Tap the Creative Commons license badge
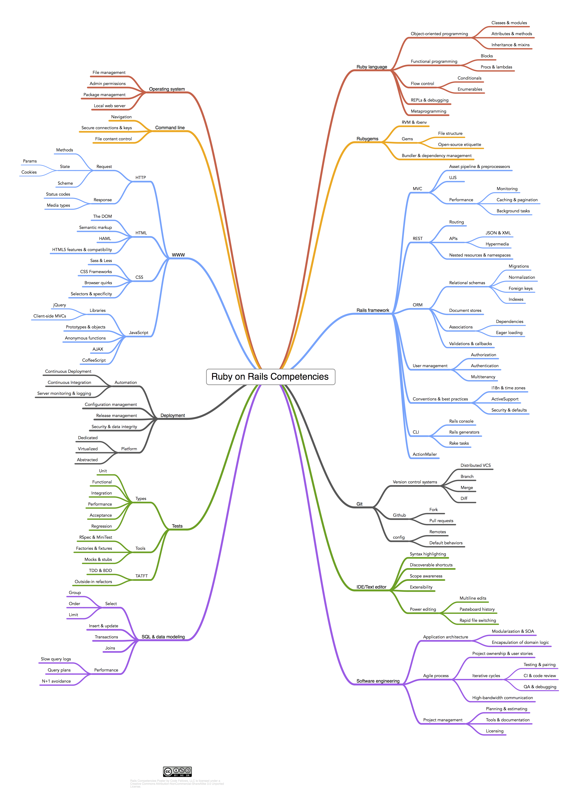pyautogui.click(x=177, y=771)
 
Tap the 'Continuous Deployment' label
pyautogui.click(x=68, y=371)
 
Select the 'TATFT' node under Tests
pyautogui.click(x=141, y=576)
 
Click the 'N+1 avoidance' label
pyautogui.click(x=56, y=681)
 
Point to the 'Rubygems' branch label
pyautogui.click(x=367, y=139)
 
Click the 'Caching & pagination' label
pyautogui.click(x=517, y=200)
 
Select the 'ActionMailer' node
pyautogui.click(x=425, y=454)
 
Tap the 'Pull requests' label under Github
pyautogui.click(x=441, y=521)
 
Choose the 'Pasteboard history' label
pyautogui.click(x=477, y=609)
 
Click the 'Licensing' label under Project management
pyautogui.click(x=494, y=731)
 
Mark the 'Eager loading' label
pyautogui.click(x=509, y=332)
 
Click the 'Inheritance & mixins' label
pyautogui.click(x=510, y=45)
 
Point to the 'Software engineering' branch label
pyautogui.click(x=378, y=681)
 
